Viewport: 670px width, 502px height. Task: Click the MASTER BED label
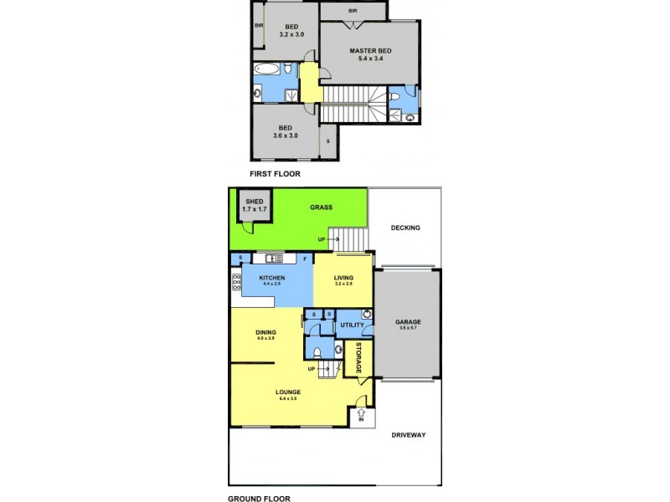(x=370, y=51)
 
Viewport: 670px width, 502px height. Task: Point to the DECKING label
(x=405, y=228)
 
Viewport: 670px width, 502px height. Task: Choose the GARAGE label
(x=408, y=322)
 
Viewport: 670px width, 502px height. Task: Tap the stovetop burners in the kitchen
(x=237, y=283)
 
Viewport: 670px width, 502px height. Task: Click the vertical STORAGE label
(x=358, y=358)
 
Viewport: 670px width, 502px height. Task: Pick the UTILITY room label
(x=351, y=324)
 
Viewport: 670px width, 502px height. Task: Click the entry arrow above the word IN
(x=362, y=412)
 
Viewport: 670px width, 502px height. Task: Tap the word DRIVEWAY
(x=408, y=434)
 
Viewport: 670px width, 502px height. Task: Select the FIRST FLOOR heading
(x=275, y=174)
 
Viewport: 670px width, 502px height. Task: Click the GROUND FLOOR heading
(x=259, y=499)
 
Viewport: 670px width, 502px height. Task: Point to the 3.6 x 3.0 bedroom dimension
(x=286, y=136)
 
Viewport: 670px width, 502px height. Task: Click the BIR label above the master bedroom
(x=353, y=11)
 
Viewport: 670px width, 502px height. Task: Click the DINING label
(x=265, y=332)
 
